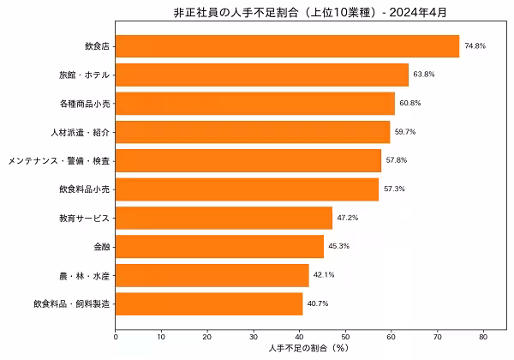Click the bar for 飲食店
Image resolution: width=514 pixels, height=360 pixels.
pos(287,46)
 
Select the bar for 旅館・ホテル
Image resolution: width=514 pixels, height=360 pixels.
pos(261,75)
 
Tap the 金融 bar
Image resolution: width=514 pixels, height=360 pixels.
pos(219,247)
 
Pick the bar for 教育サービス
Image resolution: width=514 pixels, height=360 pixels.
pos(224,218)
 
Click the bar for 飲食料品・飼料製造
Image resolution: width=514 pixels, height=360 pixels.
pos(209,303)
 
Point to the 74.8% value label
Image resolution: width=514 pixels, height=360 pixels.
pos(475,46)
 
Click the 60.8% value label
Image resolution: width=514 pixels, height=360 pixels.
pos(410,104)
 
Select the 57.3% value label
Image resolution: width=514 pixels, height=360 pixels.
pos(394,189)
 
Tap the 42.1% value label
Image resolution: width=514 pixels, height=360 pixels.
pos(324,275)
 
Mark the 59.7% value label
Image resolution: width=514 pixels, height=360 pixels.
pos(405,132)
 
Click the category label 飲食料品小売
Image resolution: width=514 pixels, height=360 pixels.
pos(85,189)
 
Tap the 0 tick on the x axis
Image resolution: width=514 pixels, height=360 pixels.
pos(116,336)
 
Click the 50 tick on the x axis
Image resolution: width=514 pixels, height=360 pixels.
pos(345,336)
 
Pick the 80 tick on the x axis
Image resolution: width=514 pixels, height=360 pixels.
pos(483,336)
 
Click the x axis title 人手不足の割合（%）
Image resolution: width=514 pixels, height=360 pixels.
pos(307,349)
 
